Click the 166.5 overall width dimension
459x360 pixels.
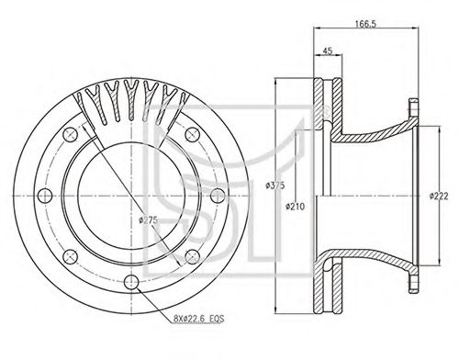point(365,24)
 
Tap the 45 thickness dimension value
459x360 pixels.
point(328,51)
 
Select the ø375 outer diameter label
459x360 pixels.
point(275,186)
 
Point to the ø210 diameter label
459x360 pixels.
point(296,207)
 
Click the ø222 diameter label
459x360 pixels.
point(439,196)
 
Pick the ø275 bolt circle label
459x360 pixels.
point(148,219)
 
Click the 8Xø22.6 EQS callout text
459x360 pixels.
point(199,319)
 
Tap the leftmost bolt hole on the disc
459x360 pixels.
point(45,196)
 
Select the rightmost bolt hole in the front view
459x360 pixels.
point(218,196)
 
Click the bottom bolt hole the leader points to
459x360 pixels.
point(131,282)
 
